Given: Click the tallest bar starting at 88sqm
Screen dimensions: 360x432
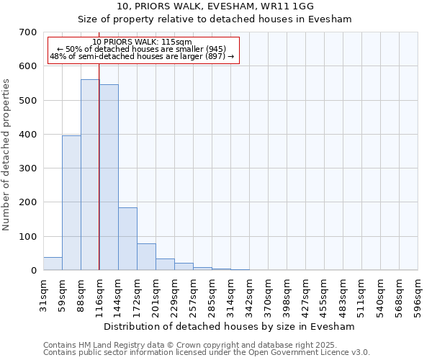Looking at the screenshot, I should click(90, 175).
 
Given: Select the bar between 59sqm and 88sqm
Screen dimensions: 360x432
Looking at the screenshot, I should click(71, 203).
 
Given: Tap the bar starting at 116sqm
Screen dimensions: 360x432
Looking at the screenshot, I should click(109, 177).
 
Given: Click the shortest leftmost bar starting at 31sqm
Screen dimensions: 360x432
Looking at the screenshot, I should click(53, 264).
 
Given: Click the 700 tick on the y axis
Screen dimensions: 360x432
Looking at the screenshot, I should click(28, 32).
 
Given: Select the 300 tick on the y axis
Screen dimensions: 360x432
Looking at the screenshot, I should click(28, 168).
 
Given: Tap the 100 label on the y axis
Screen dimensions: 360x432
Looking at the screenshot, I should click(28, 237).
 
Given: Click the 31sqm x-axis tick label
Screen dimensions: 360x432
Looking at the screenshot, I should click(43, 292).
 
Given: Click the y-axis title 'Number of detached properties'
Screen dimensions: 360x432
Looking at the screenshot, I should click(7, 155).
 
